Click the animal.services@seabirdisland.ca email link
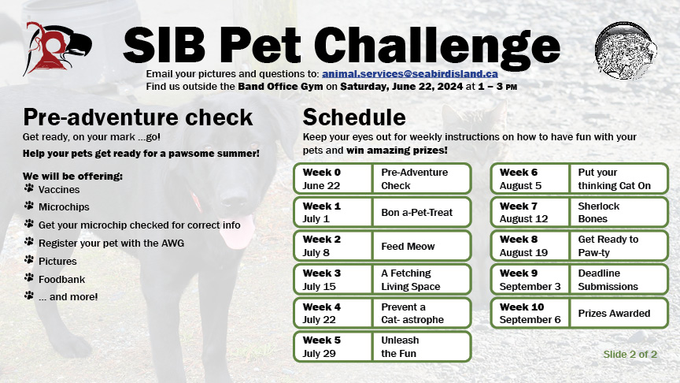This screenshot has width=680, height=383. click(x=410, y=74)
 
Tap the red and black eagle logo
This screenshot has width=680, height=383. click(x=57, y=49)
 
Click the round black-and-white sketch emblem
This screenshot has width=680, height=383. click(x=626, y=51)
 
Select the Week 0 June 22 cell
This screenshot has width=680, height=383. click(x=333, y=178)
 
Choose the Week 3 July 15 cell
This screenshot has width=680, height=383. click(x=333, y=280)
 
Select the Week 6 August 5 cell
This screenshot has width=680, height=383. click(x=530, y=178)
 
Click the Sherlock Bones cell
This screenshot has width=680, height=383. click(x=619, y=212)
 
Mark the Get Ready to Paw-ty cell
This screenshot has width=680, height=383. click(x=619, y=246)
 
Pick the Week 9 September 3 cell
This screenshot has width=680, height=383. click(x=530, y=280)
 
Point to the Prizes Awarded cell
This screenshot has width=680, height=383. click(x=619, y=313)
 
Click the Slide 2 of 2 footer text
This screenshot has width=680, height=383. click(x=630, y=355)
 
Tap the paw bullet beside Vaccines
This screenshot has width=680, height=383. click(x=29, y=188)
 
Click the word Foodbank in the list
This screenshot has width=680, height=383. click(x=61, y=279)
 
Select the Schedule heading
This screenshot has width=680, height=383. click(x=354, y=117)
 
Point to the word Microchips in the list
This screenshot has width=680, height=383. click(x=64, y=207)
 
